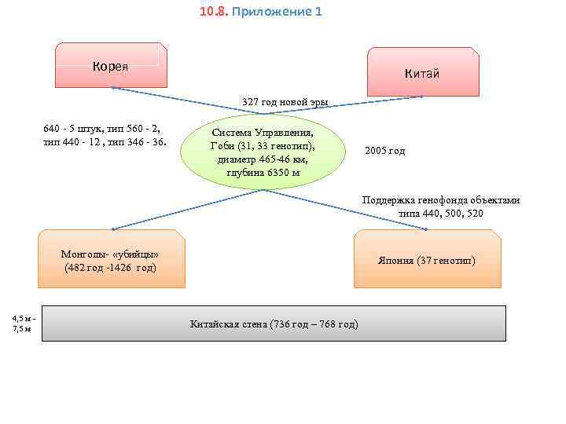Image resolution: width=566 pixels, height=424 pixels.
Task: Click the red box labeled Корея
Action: point(110,65)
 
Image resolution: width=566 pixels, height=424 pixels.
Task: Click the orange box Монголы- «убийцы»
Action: point(112,259)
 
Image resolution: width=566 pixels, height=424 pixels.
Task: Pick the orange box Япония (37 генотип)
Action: point(427,259)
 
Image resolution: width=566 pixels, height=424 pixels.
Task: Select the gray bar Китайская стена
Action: point(274,323)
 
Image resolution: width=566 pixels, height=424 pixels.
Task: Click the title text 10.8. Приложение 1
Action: point(260,13)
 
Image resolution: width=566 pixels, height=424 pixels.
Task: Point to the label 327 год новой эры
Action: point(285,102)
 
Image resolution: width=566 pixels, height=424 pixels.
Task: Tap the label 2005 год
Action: point(385,150)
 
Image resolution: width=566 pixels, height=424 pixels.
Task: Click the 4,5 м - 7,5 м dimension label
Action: point(21,323)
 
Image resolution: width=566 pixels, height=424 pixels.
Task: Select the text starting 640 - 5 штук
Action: point(105,134)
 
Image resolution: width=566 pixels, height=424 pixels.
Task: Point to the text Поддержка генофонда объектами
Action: point(440,200)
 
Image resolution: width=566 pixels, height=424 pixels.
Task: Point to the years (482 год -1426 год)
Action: point(110,267)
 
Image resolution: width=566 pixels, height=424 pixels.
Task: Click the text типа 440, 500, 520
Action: point(440,213)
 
